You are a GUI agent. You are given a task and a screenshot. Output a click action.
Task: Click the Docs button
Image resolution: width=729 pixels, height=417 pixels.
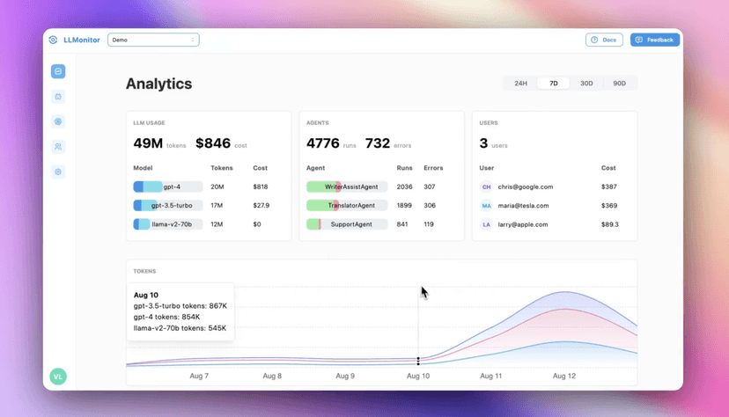click(x=604, y=40)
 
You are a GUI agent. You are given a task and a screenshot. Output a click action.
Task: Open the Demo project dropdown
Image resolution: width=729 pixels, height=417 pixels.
click(x=153, y=40)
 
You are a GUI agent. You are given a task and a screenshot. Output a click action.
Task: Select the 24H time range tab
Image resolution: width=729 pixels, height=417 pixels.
click(x=520, y=84)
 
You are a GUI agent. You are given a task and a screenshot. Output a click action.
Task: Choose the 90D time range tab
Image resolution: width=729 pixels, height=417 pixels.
click(x=619, y=84)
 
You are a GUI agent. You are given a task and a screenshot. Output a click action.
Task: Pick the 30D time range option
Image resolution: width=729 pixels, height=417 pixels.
click(x=586, y=84)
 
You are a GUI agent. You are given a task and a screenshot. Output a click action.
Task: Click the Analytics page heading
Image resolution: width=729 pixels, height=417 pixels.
click(x=158, y=84)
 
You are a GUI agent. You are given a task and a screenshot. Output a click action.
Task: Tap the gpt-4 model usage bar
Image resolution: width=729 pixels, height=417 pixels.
click(x=167, y=187)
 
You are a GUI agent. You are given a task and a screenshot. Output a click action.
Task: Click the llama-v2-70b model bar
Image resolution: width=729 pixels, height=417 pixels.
click(x=167, y=224)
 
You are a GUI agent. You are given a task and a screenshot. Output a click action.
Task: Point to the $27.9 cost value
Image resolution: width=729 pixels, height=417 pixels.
click(x=261, y=206)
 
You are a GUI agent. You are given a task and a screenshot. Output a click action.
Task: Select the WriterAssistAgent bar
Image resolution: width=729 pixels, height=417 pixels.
click(x=347, y=187)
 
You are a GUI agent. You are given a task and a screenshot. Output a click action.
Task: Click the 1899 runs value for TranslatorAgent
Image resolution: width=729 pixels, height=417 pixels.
click(x=404, y=206)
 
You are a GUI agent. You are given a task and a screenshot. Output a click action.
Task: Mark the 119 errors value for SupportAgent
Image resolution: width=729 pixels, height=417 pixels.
click(x=429, y=224)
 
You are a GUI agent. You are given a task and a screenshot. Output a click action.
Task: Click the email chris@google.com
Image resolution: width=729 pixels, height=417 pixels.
click(x=525, y=187)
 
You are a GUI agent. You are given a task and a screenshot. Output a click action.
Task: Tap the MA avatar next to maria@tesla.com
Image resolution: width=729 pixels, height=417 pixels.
click(x=486, y=206)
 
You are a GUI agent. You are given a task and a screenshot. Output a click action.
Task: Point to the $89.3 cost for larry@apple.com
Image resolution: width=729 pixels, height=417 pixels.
click(x=609, y=224)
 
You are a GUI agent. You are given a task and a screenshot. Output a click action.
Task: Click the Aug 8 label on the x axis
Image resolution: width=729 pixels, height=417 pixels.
click(x=272, y=376)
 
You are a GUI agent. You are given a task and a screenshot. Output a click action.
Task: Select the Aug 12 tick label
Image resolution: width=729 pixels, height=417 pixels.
click(x=563, y=376)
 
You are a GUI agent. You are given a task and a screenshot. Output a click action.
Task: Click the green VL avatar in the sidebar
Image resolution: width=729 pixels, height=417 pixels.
click(x=58, y=377)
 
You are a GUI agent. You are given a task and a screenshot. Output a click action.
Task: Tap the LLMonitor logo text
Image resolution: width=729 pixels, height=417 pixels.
click(x=82, y=40)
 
